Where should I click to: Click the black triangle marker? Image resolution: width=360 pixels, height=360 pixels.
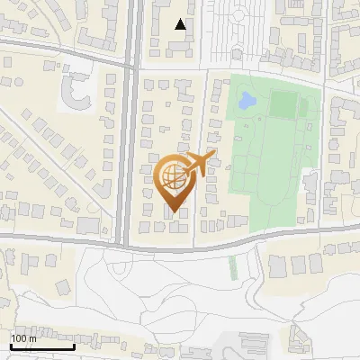(181, 24)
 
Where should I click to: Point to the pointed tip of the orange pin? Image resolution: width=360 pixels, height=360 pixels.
(172, 212)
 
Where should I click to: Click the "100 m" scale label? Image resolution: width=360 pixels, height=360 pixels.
(24, 338)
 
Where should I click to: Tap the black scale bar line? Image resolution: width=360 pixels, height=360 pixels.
(41, 346)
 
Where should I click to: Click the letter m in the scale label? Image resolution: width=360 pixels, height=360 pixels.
(32, 338)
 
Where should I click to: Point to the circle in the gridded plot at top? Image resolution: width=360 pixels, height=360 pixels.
(238, 15)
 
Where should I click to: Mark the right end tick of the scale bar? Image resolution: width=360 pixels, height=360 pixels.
(73, 345)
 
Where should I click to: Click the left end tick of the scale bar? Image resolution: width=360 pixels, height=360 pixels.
(10, 345)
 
